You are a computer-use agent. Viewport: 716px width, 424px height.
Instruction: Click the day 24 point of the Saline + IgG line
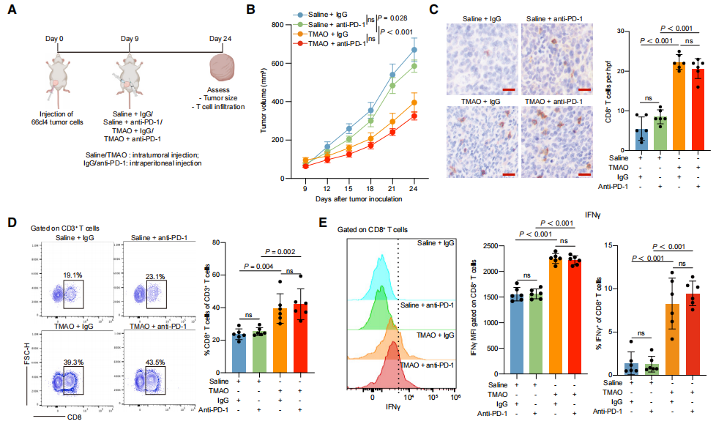click(414, 50)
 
